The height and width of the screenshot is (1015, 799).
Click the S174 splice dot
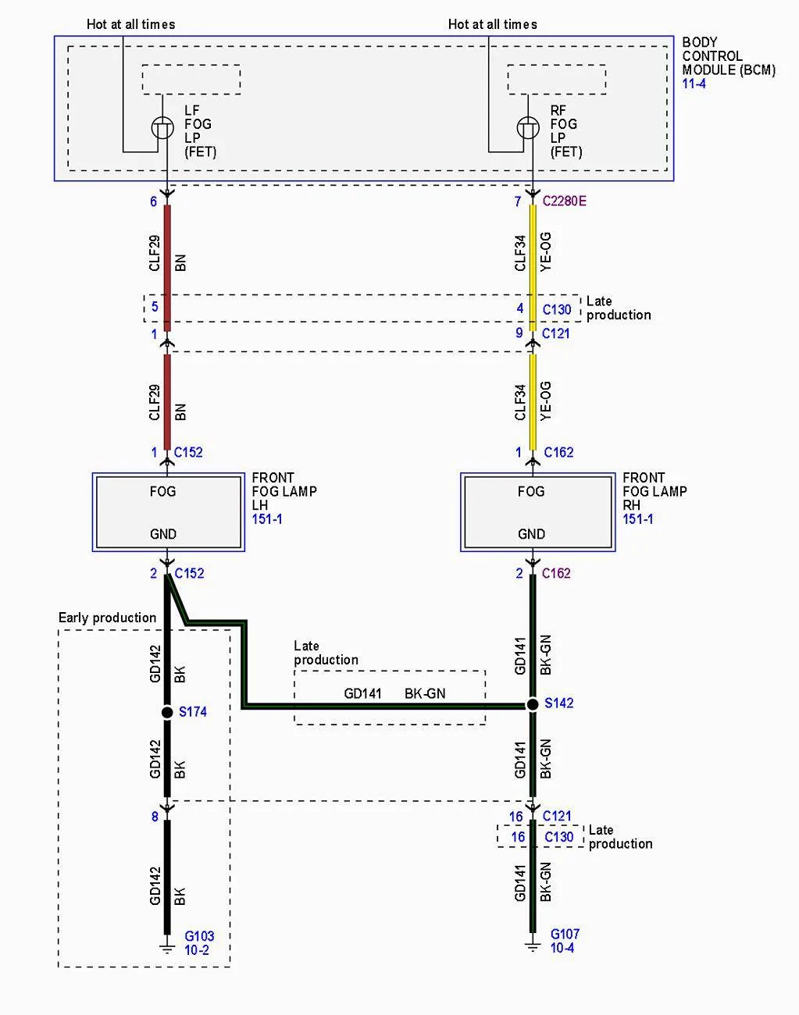tap(167, 712)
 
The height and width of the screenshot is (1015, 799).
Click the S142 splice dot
tap(533, 704)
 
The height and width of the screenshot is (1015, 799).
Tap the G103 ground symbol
tap(167, 949)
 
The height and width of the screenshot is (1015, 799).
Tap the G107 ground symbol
tap(533, 947)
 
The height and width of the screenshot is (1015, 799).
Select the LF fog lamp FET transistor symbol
tap(162, 128)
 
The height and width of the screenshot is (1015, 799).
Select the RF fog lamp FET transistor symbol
tap(528, 128)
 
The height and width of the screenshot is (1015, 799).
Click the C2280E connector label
tap(565, 201)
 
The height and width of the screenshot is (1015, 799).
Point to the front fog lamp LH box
tap(169, 512)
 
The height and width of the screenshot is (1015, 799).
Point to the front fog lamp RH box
tap(538, 512)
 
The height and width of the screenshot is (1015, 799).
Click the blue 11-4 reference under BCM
tap(694, 84)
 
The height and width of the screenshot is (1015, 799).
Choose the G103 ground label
tap(199, 936)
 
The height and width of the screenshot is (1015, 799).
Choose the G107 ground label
tap(565, 934)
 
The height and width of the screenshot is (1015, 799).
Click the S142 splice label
tap(558, 703)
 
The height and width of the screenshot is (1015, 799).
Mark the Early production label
tap(107, 618)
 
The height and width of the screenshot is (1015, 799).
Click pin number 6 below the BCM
tap(153, 202)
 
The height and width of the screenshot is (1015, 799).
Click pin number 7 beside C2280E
tap(518, 202)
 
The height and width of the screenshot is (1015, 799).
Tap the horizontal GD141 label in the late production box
tap(362, 693)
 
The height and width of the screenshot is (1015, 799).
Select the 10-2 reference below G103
tap(197, 950)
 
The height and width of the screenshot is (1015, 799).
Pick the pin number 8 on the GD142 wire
tap(155, 817)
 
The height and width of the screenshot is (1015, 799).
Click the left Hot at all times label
tap(130, 24)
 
